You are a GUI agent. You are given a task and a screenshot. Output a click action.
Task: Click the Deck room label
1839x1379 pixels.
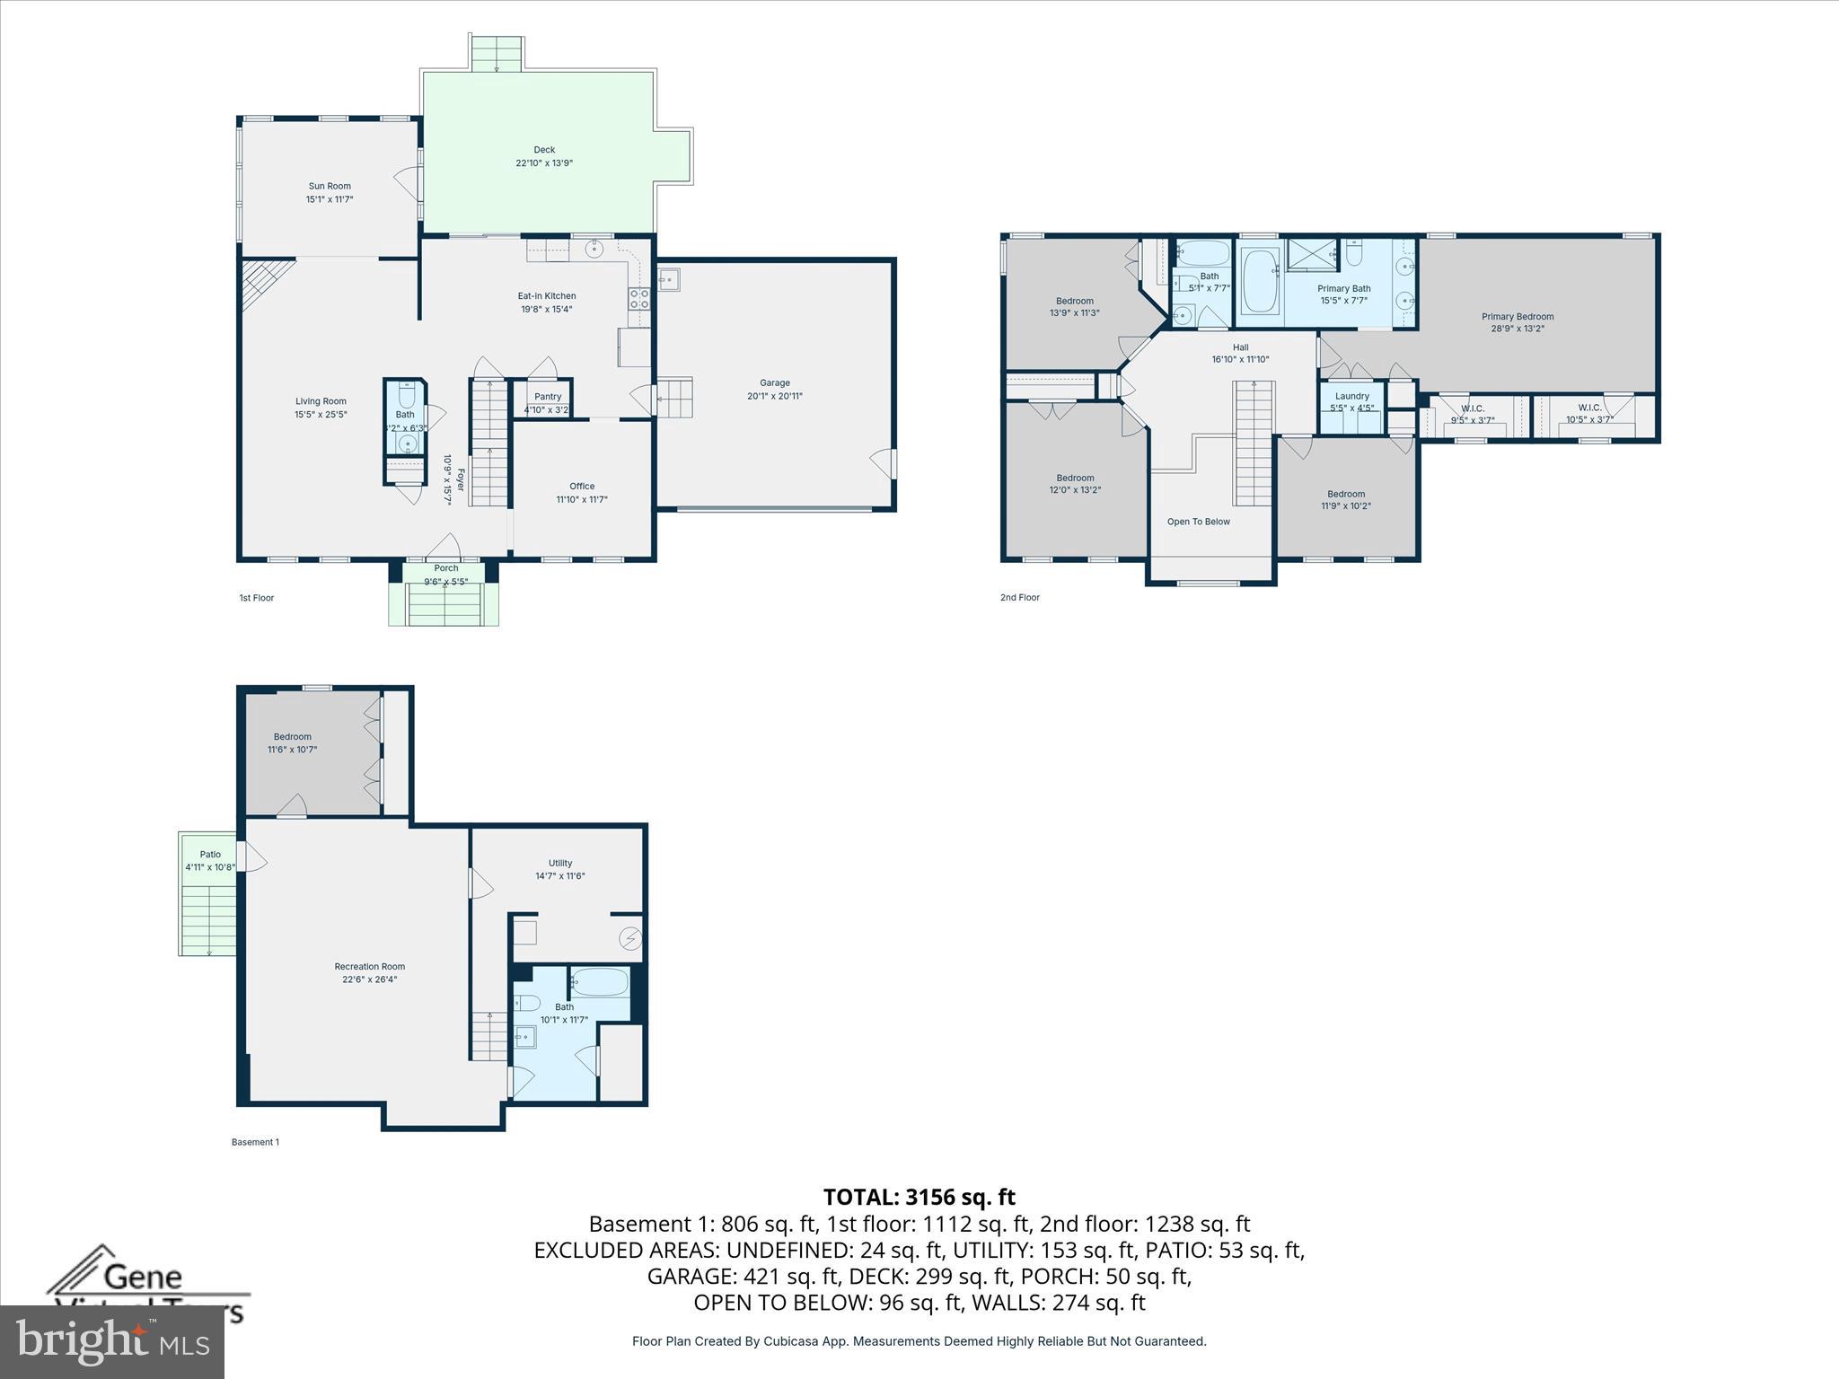coord(544,150)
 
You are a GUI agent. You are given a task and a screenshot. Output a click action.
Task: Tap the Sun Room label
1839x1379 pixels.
coord(330,187)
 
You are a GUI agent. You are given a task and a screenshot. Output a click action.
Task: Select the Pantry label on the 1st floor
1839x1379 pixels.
coord(548,397)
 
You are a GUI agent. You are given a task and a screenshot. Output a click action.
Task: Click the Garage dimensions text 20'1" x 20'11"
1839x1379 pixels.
coord(775,396)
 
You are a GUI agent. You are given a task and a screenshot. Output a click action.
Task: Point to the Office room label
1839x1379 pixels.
coord(582,487)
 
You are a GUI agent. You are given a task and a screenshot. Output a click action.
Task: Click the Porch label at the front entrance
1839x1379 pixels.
coord(446,568)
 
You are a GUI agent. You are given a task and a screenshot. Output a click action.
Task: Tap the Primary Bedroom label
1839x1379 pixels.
coord(1518,317)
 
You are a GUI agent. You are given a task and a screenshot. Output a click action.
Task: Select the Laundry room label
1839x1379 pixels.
coord(1352,396)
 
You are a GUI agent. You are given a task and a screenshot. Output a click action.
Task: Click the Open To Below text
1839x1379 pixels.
coord(1199,522)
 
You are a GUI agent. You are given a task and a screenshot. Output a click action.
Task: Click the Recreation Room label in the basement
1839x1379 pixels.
coord(370,967)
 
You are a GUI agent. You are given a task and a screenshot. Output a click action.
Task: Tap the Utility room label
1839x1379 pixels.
coord(560,863)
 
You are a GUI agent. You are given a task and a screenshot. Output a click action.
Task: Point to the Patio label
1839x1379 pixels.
coord(210,855)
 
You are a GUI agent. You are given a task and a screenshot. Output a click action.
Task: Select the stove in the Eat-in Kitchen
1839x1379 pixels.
coord(639,299)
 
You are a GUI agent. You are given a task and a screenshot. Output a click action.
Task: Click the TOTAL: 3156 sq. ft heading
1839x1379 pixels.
coord(919,1197)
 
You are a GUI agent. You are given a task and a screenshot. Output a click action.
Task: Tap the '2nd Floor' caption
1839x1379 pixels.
coord(1020,598)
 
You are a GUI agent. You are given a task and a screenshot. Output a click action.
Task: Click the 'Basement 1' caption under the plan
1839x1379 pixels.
coord(256,1142)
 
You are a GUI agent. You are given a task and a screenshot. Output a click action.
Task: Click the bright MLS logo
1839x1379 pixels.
coord(112,1341)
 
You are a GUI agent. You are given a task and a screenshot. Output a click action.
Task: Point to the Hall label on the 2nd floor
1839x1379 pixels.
coord(1240,347)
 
